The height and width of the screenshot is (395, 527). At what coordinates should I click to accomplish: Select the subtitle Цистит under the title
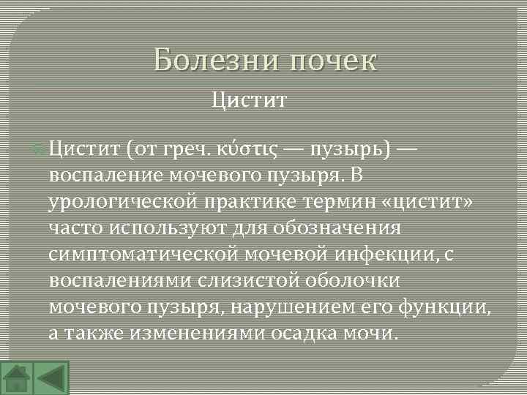(249, 99)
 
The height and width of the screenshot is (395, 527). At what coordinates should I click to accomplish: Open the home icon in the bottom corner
(16, 378)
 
